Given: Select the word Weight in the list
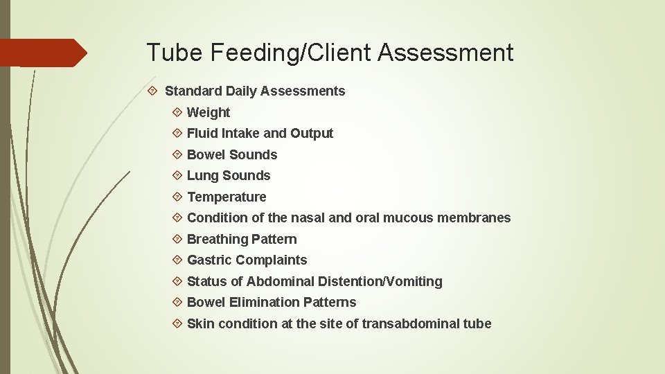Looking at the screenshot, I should tap(209, 112).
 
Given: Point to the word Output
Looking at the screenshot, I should tap(312, 133).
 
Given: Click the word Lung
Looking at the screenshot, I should tap(202, 175).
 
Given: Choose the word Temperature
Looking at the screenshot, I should tap(227, 197).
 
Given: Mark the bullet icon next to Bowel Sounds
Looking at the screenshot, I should tap(177, 154).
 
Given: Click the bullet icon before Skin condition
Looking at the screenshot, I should tap(177, 323).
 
